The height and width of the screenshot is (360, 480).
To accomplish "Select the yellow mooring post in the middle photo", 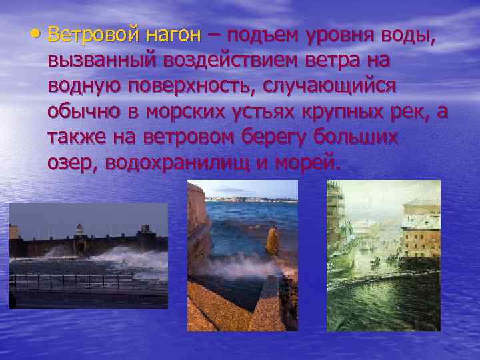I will coord(272,239).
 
